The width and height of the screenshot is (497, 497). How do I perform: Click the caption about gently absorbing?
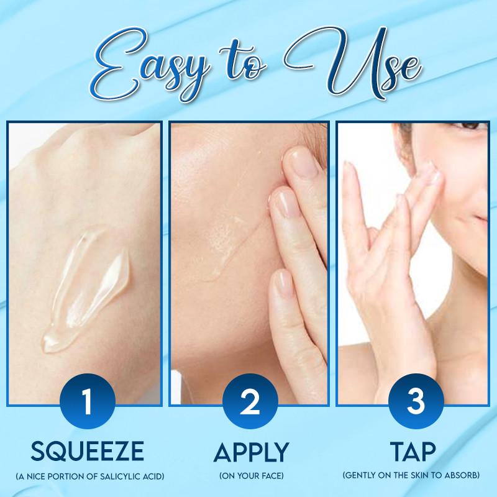point(410,476)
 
